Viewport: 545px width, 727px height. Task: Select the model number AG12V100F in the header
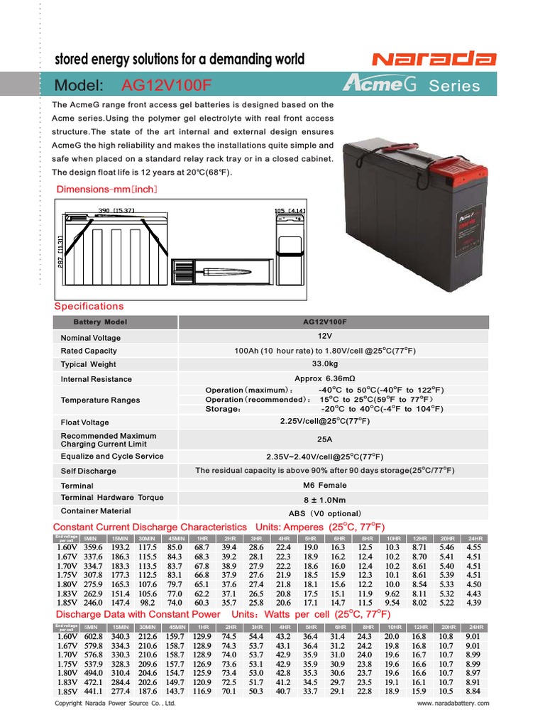tap(167, 86)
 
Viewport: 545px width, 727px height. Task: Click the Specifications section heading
tap(89, 306)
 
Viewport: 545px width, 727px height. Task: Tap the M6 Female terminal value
tap(324, 485)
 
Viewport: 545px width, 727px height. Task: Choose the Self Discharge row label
tap(89, 471)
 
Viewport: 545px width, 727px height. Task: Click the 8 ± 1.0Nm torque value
tap(324, 499)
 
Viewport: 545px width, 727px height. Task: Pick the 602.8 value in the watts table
tap(93, 637)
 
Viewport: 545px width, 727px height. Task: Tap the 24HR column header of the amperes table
tap(475, 539)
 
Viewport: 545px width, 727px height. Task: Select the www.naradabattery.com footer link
tap(453, 704)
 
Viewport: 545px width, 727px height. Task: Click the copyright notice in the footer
tap(115, 704)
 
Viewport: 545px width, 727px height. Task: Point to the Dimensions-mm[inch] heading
tap(106, 190)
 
